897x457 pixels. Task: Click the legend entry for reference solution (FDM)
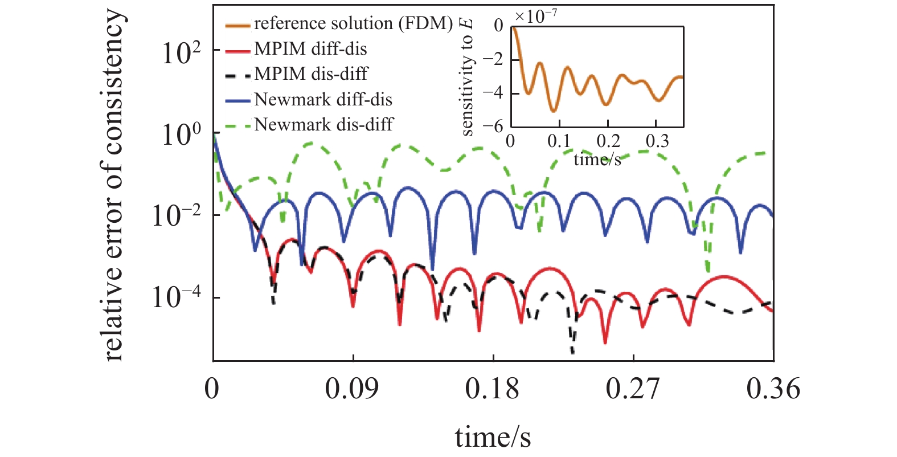353,24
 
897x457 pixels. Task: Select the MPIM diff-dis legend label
310,49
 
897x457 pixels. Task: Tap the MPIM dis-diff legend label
311,74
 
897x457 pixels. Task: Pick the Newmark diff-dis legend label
323,100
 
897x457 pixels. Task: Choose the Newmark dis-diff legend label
323,125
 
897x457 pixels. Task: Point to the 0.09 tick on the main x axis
352,389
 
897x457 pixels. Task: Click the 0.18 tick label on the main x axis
492,389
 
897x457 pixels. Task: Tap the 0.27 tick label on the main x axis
633,389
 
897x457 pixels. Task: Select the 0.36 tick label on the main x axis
773,389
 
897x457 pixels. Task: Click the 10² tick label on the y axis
181,54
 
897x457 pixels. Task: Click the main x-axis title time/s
493,438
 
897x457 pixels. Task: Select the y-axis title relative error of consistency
113,185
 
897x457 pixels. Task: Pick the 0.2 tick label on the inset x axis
608,141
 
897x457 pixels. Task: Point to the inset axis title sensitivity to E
467,77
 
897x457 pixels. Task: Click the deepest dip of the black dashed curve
572,353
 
